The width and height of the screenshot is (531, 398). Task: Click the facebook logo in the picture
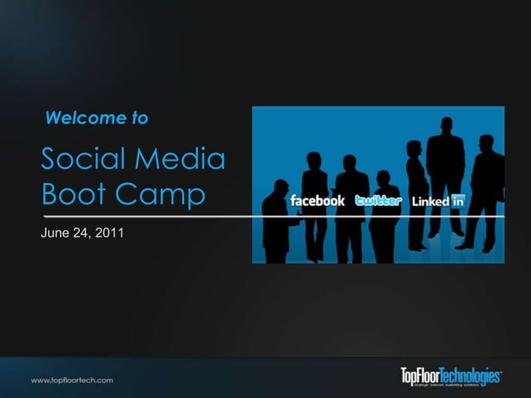[317, 201]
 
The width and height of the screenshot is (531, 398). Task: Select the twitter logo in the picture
[378, 201]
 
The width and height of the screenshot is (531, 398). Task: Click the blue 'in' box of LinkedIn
[457, 201]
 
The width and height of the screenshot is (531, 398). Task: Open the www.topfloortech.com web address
[72, 379]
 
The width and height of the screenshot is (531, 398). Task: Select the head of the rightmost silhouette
[487, 142]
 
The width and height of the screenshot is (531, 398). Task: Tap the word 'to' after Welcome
[140, 118]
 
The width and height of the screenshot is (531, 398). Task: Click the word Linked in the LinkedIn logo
[430, 201]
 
